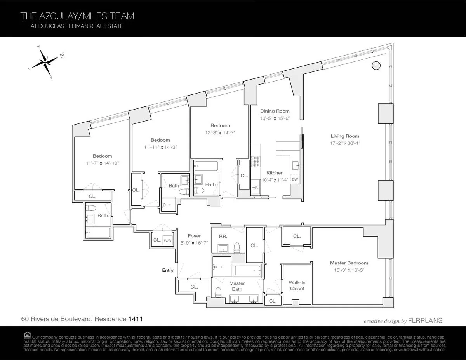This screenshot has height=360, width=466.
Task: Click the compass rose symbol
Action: (x=46, y=62)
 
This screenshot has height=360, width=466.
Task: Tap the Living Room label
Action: (x=345, y=136)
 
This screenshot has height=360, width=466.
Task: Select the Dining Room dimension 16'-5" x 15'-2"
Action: (x=275, y=118)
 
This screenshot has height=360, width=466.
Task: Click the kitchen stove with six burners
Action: (x=256, y=161)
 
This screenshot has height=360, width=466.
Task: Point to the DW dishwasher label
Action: (x=295, y=179)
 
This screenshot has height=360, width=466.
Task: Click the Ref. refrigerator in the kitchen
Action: (x=255, y=187)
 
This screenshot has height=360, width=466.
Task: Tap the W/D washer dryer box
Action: (x=168, y=240)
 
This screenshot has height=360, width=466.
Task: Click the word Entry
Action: (x=168, y=270)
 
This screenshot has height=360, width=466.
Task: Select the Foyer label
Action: (x=194, y=235)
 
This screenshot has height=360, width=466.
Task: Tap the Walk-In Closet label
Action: (x=297, y=285)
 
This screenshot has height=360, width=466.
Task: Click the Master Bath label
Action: (x=237, y=286)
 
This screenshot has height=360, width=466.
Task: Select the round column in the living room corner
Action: (x=376, y=66)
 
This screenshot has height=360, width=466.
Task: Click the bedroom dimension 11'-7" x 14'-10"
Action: (x=102, y=163)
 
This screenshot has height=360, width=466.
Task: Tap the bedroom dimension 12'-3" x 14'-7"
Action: (x=220, y=132)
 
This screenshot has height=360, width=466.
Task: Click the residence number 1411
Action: (x=136, y=319)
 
